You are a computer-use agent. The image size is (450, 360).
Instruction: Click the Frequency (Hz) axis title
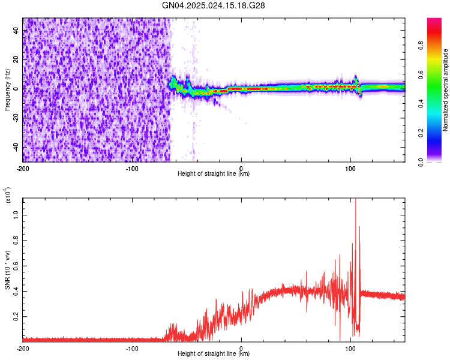coord(7,90)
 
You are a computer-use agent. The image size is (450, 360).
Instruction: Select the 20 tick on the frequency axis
coord(16,59)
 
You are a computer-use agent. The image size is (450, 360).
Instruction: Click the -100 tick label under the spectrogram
coord(132,167)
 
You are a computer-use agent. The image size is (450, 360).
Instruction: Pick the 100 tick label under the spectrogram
coord(350,167)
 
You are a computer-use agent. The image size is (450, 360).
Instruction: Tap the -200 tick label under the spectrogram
coord(23,167)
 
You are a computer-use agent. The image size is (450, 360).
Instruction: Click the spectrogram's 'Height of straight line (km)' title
coord(214,174)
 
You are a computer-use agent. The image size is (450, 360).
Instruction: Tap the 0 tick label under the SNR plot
coord(241,347)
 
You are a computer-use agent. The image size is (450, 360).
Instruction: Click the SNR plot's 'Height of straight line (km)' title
coord(214,354)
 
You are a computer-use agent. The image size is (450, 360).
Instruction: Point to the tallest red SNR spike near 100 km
coord(356,201)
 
